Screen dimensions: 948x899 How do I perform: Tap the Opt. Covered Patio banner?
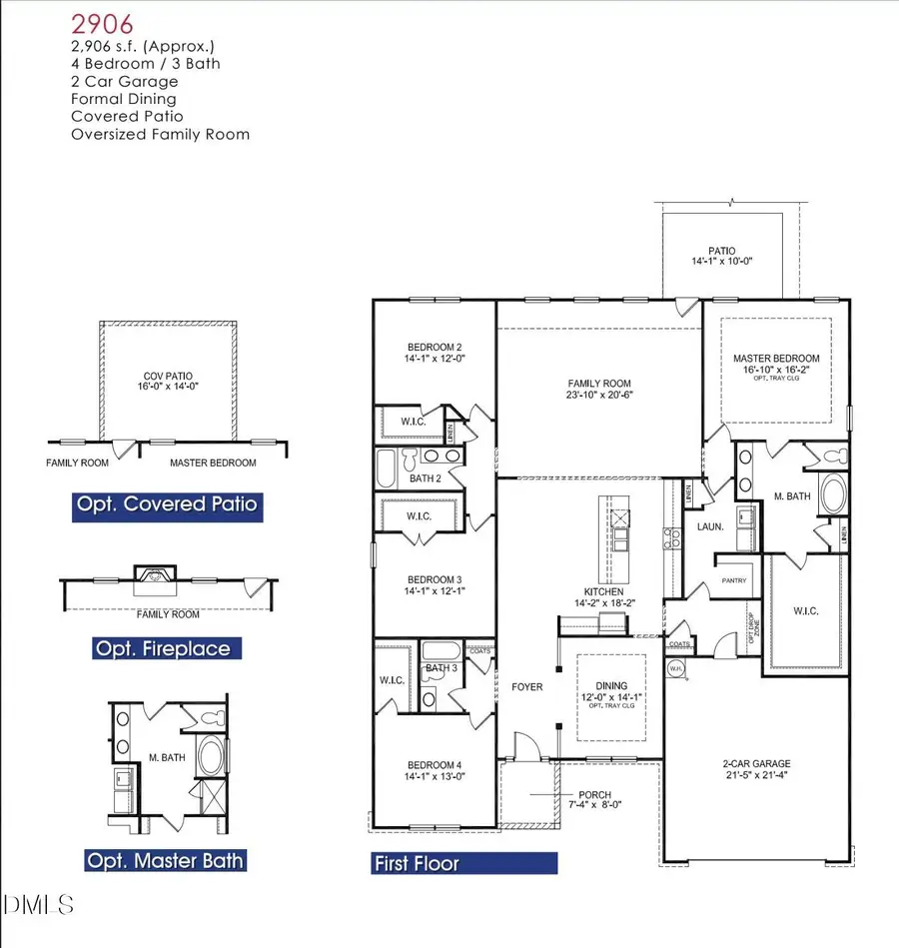tap(168, 504)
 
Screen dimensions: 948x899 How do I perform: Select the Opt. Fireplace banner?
tap(162, 649)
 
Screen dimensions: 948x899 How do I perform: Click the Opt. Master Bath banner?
tap(165, 860)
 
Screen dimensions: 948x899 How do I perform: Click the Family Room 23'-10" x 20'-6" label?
tap(599, 389)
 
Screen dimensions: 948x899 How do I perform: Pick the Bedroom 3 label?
tap(435, 585)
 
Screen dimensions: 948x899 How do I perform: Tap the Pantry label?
tap(735, 579)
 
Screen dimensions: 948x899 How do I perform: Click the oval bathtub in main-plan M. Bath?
tap(831, 494)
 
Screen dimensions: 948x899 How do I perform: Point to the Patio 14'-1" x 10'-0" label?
tap(722, 256)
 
